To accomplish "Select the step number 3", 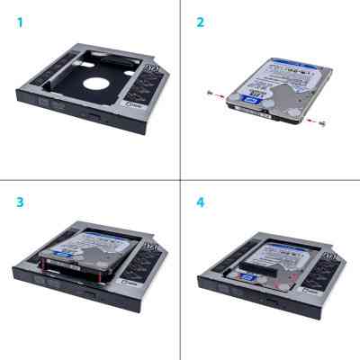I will pos(19,201).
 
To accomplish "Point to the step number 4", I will pos(200,201).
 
